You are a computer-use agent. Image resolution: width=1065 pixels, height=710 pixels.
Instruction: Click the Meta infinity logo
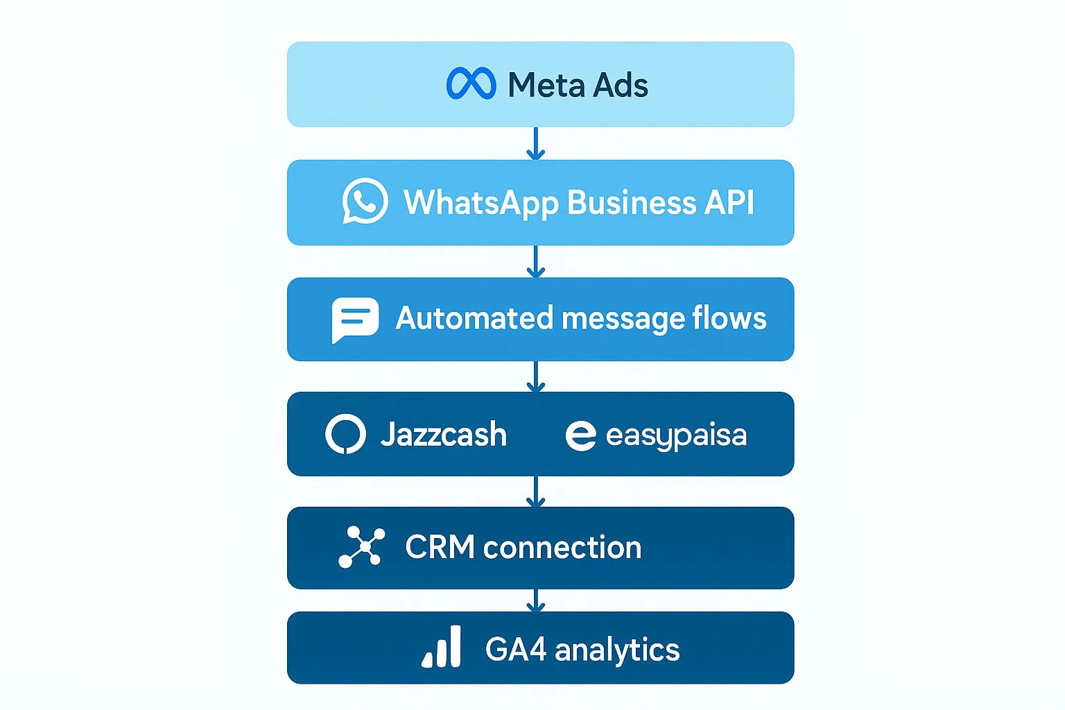coord(471,84)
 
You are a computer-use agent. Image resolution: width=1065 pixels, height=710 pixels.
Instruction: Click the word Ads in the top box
coord(621,85)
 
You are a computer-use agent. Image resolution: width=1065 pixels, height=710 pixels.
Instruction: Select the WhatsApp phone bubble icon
coord(365,201)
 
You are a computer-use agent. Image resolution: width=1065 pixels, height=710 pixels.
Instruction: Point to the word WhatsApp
coord(480,203)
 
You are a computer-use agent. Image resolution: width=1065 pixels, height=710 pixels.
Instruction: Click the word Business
coord(631,203)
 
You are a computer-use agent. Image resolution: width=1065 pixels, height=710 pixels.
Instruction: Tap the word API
coord(729,203)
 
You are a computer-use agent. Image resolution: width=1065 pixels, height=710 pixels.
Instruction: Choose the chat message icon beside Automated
coord(355,319)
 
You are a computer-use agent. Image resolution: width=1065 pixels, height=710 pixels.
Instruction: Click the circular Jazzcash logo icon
coord(345,434)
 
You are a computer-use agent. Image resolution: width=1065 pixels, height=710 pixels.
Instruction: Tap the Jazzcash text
coord(443,435)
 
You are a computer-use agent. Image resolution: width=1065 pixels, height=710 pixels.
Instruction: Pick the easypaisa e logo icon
coord(580,435)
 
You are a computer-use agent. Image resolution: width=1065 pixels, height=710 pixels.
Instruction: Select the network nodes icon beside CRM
coord(361,547)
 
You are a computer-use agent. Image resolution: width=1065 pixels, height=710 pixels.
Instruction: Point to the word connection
coord(562,548)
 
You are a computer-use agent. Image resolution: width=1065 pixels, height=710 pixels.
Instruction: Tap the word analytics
coord(616,650)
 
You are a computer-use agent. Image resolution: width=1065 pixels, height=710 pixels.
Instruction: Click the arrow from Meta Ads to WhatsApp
coord(535,144)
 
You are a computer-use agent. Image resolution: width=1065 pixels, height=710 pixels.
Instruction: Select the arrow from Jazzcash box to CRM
coord(535,491)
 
